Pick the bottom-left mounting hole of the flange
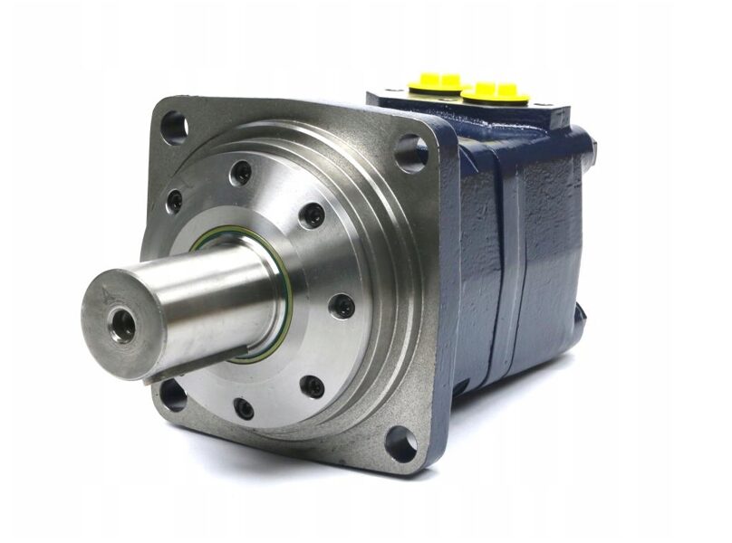coord(171,395)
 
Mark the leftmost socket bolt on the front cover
coord(175,200)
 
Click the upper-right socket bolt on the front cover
coord(312,215)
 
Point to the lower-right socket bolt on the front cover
coord(311,386)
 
